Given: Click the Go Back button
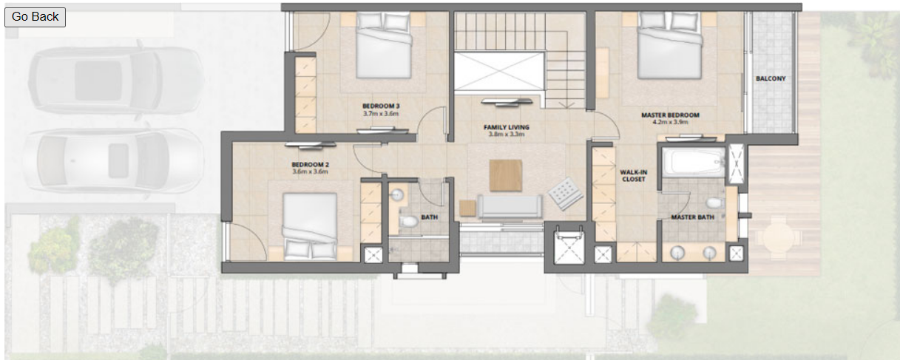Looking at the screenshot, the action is [x=35, y=17].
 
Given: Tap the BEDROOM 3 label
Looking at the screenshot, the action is [x=381, y=106].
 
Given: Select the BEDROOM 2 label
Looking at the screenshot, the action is [x=310, y=164].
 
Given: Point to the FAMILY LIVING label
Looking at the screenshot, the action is [x=507, y=127].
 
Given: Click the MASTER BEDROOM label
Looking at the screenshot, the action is [x=670, y=115].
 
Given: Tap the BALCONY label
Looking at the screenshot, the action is [x=771, y=79].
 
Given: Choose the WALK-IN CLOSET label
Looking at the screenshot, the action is [x=634, y=176].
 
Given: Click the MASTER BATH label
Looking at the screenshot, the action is [x=693, y=217].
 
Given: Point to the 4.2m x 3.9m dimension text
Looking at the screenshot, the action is [x=670, y=122].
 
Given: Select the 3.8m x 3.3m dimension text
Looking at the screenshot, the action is [x=507, y=135].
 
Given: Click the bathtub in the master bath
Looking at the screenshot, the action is [x=694, y=163].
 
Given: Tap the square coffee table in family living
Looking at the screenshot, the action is [x=506, y=176].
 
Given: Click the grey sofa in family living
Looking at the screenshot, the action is [x=510, y=207].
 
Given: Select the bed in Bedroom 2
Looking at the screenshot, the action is [x=310, y=226].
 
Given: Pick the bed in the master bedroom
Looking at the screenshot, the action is [x=670, y=45].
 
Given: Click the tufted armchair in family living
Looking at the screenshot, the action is [x=565, y=194].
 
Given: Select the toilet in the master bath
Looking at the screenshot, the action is [x=714, y=203].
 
